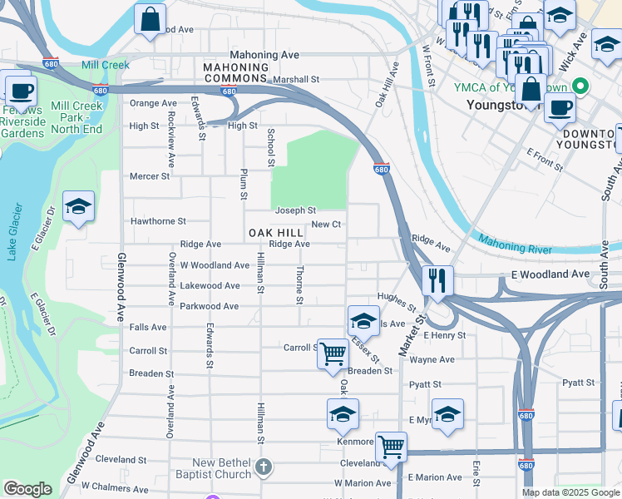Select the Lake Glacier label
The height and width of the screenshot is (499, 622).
coord(13,233)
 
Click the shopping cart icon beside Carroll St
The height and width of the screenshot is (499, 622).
coord(333,353)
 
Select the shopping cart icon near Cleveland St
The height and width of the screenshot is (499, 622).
coord(391,446)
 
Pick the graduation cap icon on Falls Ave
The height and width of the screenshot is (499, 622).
coord(363,319)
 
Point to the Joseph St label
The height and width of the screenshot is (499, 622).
coord(296,211)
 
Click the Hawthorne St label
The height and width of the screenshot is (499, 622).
coord(158,222)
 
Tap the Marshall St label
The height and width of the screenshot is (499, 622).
coord(297,80)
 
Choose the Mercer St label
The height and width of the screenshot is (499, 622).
coord(150,176)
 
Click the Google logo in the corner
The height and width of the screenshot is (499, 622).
coord(27,489)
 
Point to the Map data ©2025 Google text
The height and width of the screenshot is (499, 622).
coord(570,492)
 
